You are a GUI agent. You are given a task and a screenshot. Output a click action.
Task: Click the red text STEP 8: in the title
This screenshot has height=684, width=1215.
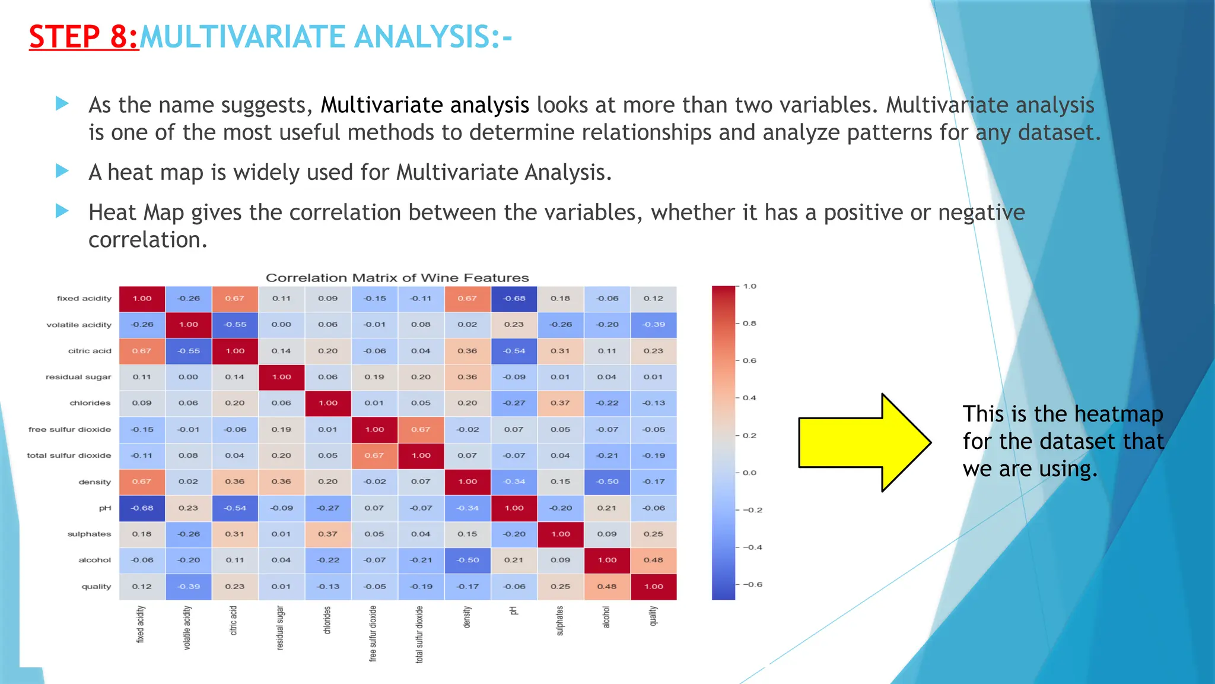coord(83,37)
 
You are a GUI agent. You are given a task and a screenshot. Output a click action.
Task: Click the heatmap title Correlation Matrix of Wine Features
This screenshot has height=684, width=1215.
coord(397,278)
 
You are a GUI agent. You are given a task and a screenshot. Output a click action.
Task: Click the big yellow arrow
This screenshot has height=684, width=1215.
coord(864,442)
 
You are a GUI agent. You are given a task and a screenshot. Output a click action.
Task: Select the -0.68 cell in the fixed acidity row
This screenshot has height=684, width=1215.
coord(514,299)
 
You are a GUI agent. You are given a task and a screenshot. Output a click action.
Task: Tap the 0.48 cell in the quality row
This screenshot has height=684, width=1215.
coord(607,587)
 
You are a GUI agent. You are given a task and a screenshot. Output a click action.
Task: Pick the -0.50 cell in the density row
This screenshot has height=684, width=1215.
coord(607,482)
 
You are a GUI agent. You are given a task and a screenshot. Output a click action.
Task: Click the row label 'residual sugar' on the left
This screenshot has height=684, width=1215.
coord(78,377)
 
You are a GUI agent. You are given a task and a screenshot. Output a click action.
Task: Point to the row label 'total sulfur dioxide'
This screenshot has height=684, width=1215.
coord(69,455)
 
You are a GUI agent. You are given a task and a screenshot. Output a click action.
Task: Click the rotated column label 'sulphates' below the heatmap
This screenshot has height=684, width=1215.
coord(560,620)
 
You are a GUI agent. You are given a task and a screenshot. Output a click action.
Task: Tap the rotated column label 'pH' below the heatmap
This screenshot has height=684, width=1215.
coord(514,610)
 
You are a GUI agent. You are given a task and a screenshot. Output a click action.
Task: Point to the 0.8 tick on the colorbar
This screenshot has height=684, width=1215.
coord(749,324)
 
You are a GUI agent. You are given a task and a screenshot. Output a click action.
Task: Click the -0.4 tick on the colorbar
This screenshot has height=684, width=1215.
coord(752,547)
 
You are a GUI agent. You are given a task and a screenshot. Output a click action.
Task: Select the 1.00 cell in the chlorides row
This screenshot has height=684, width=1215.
coord(328,403)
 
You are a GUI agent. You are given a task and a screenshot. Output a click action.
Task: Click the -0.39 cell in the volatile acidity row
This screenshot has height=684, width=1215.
coord(653,325)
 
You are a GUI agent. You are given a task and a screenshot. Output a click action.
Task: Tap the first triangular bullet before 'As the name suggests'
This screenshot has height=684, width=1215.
coord(62,104)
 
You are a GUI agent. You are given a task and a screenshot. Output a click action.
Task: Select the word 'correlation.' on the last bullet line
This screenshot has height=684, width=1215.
coord(148,240)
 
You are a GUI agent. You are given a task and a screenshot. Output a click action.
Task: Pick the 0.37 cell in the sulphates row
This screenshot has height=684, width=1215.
coord(328,534)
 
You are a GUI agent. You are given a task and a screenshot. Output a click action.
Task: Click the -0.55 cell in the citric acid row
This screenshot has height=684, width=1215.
coord(189,351)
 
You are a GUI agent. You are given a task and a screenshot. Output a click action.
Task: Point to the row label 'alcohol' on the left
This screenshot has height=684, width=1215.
coord(94,560)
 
